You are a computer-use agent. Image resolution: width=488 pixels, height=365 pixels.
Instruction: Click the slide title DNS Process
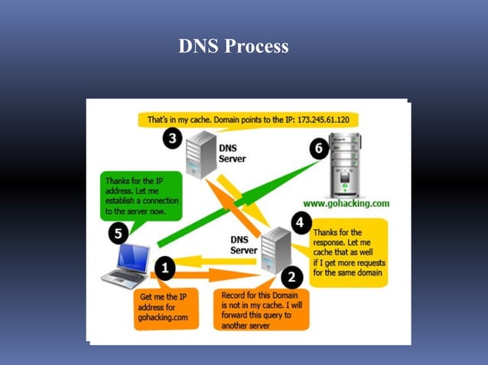[233, 47]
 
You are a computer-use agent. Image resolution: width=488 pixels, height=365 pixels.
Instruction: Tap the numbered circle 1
[164, 267]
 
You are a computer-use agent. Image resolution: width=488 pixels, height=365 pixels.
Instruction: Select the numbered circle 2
[291, 276]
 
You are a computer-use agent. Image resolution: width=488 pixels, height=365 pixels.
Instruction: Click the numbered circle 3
[173, 138]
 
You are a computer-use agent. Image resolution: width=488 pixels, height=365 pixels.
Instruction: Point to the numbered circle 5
[119, 234]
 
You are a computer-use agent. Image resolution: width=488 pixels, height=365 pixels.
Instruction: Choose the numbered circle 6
[319, 148]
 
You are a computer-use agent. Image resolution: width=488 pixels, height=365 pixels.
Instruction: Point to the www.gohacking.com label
[346, 204]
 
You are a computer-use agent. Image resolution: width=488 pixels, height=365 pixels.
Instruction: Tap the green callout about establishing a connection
[142, 195]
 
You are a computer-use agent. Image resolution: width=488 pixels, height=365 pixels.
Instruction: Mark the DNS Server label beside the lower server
[244, 244]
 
